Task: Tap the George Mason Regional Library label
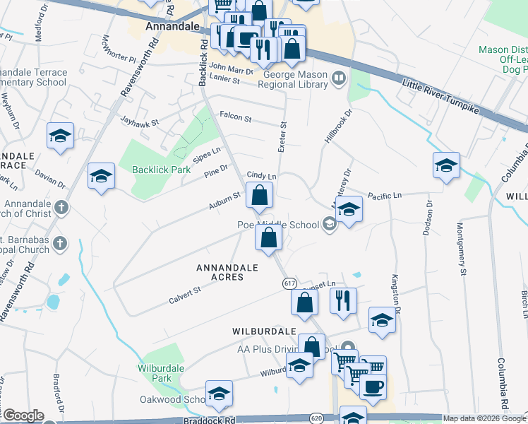point(296,79)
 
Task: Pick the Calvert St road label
point(185,295)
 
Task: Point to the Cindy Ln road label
point(261,175)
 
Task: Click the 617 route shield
point(289,283)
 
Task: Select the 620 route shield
point(318,418)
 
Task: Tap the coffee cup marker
point(373,386)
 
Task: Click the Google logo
point(23,416)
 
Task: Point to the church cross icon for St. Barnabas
point(61,243)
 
